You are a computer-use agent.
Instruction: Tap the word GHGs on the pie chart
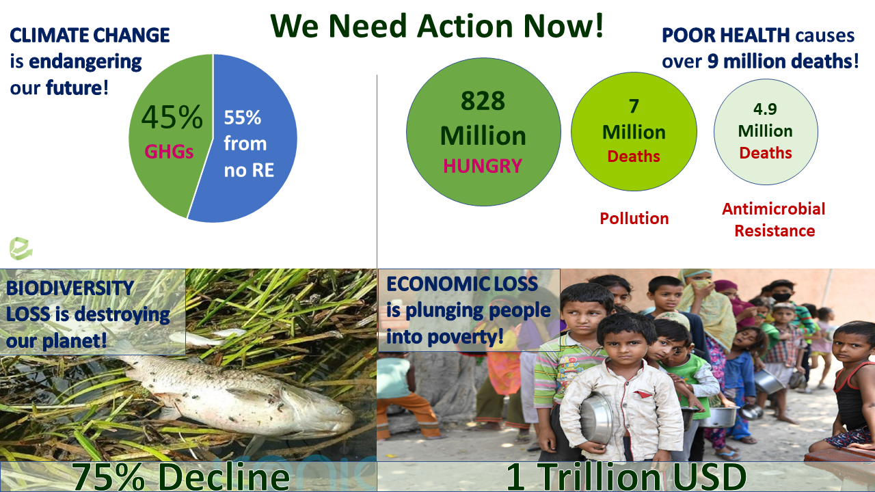click(x=169, y=152)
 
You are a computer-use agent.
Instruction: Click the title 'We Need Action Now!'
click(x=437, y=26)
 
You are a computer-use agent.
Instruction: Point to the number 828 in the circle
click(x=483, y=100)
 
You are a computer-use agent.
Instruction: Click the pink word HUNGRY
click(x=483, y=166)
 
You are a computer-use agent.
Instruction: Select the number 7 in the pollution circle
click(x=634, y=106)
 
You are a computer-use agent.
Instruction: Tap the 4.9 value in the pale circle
click(x=765, y=109)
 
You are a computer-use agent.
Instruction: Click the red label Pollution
click(x=634, y=218)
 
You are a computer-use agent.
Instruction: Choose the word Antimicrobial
click(x=773, y=209)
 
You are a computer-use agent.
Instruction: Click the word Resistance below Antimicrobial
click(x=775, y=231)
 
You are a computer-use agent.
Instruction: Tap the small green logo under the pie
click(x=21, y=248)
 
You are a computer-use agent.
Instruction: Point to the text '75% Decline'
click(x=180, y=477)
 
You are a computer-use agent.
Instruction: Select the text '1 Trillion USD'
click(x=626, y=477)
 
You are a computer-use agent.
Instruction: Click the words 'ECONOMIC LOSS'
click(x=462, y=284)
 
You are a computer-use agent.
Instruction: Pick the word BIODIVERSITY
click(x=70, y=288)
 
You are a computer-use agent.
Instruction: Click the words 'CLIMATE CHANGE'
click(x=90, y=35)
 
